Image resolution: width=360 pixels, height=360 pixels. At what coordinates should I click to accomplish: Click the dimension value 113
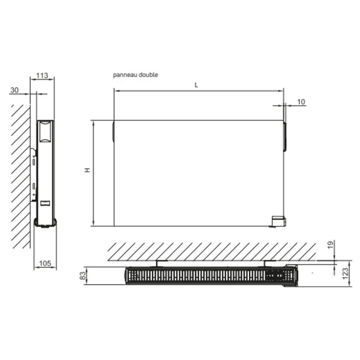click(x=42, y=76)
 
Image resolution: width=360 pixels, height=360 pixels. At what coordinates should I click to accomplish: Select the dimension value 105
click(x=45, y=264)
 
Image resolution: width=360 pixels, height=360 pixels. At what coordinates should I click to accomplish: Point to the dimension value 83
click(x=82, y=277)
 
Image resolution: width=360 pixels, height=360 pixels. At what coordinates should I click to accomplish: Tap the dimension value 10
click(x=301, y=102)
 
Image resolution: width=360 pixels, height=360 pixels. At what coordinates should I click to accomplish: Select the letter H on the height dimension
click(x=87, y=170)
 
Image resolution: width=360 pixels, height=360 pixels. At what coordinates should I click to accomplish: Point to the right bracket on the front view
click(x=284, y=136)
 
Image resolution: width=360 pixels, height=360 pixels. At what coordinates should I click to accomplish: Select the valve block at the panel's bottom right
click(x=279, y=221)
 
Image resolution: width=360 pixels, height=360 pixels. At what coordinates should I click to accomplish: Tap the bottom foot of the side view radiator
click(x=45, y=222)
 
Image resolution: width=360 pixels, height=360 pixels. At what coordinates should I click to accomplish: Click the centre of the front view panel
click(x=198, y=173)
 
